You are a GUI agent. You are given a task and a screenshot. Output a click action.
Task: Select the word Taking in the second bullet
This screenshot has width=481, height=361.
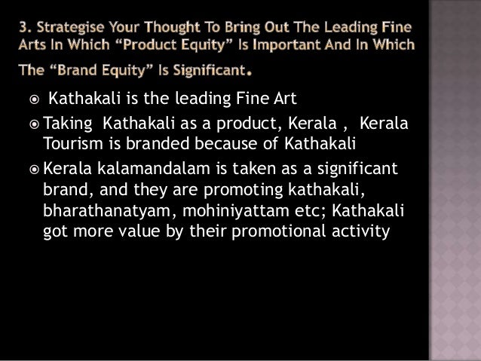pos(68,122)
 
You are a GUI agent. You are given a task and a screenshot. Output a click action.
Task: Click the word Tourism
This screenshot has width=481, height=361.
pos(73,144)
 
